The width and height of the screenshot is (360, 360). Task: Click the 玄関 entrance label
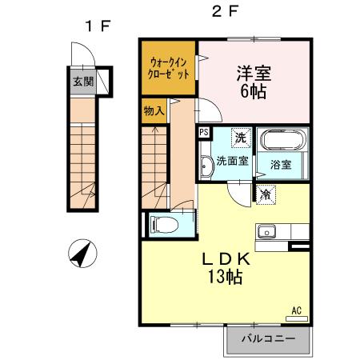tap(82, 81)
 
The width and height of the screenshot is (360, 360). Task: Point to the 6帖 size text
tap(253, 90)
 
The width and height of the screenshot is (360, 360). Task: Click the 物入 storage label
tap(154, 110)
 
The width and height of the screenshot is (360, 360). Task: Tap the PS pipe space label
tap(204, 133)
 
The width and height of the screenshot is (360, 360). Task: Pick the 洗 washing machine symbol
tap(240, 138)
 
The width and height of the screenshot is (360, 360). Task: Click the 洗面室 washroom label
tap(233, 161)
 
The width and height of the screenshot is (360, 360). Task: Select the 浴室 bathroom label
tap(280, 165)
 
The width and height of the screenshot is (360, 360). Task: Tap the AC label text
tap(295, 310)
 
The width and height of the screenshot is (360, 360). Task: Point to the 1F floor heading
tap(98, 26)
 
